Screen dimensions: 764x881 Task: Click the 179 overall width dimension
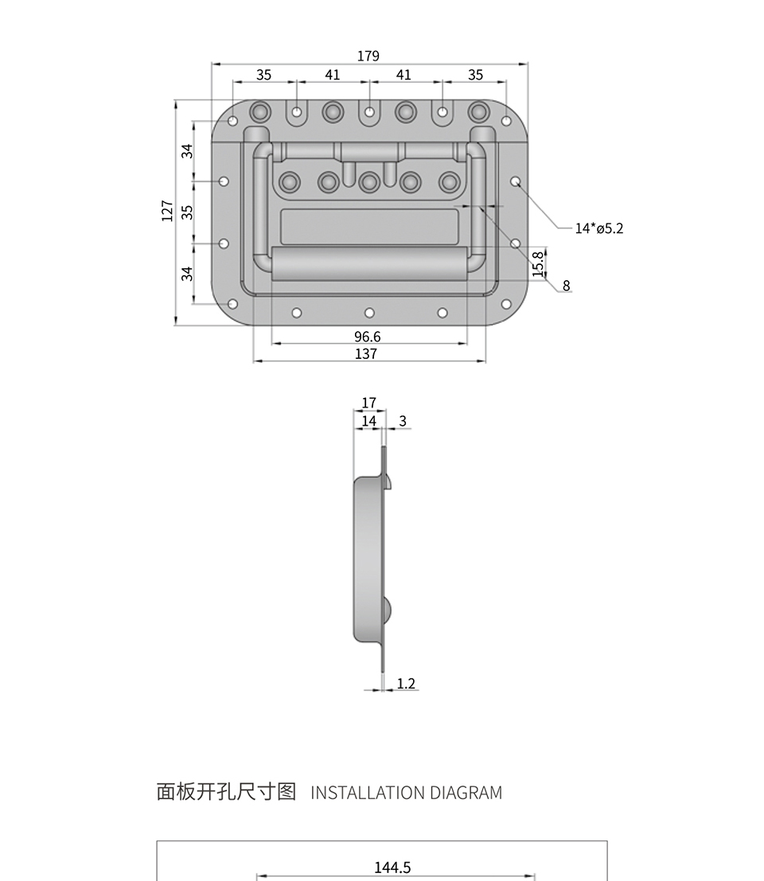coord(368,57)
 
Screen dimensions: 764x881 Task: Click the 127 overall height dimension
coord(167,211)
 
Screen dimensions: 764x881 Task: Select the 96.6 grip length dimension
coord(368,337)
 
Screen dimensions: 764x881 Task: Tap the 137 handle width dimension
coord(366,353)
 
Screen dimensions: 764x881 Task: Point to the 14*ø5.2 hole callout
coord(598,228)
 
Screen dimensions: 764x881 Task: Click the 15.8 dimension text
coord(538,263)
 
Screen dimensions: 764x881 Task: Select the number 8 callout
coord(567,286)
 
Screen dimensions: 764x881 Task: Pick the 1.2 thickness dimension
coord(406,683)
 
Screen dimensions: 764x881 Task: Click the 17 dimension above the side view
coord(368,403)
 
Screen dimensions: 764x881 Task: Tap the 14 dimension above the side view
coord(368,421)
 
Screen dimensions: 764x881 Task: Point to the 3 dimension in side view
coord(403,421)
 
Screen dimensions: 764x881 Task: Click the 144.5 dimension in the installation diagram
coord(392,867)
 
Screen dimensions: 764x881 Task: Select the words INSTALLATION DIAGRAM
coord(406,793)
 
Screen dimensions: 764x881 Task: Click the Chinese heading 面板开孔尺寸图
coord(226,792)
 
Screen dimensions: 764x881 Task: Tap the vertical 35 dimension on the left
coord(187,212)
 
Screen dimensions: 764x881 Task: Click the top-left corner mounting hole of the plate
coord(232,121)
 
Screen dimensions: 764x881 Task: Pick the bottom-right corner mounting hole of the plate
coord(505,305)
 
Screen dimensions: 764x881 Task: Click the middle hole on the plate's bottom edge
coord(369,313)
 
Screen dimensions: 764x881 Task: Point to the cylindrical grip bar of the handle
coord(369,263)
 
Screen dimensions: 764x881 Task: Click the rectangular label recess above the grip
coord(369,227)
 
